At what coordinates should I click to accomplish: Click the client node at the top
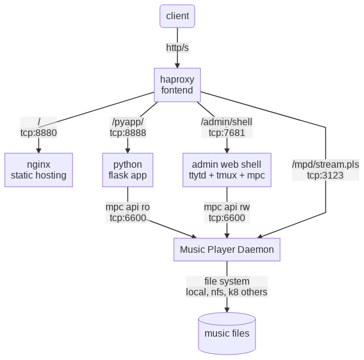click(178, 16)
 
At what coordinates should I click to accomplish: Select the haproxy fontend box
click(178, 84)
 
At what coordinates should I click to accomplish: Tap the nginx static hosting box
click(38, 170)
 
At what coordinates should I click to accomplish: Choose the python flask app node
click(128, 170)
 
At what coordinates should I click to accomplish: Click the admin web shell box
click(227, 170)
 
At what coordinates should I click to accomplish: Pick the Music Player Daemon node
click(227, 249)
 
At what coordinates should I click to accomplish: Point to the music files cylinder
click(227, 333)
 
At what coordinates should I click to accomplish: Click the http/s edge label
click(178, 47)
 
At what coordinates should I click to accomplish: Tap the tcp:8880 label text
click(38, 133)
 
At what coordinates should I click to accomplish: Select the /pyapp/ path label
click(128, 122)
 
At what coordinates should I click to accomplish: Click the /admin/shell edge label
click(227, 122)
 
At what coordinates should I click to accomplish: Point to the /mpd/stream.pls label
click(326, 164)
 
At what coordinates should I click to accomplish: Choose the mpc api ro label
click(128, 207)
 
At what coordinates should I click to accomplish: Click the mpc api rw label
click(227, 207)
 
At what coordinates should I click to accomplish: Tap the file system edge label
click(227, 281)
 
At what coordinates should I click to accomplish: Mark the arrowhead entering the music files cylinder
click(227, 309)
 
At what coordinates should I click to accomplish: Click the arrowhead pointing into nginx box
click(38, 150)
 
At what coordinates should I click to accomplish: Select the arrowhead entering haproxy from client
click(178, 65)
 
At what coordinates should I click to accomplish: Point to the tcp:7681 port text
click(227, 133)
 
